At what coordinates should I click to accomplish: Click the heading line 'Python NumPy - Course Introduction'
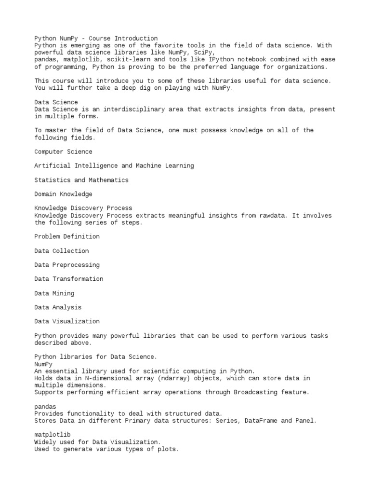pyautogui.click(x=96, y=38)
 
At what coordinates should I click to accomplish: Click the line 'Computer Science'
pyautogui.click(x=63, y=151)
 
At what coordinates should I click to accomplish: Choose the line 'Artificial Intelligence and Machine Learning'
pyautogui.click(x=114, y=165)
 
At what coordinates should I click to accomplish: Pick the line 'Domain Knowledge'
pyautogui.click(x=63, y=194)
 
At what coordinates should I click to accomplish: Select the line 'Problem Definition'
pyautogui.click(x=67, y=236)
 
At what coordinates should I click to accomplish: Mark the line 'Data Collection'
pyautogui.click(x=62, y=251)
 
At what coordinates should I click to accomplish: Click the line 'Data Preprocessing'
pyautogui.click(x=67, y=265)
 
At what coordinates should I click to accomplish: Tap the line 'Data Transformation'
pyautogui.click(x=69, y=279)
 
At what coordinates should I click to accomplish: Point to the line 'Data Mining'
pyautogui.click(x=54, y=293)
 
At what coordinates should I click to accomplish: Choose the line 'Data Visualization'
pyautogui.click(x=67, y=321)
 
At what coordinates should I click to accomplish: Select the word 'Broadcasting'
pyautogui.click(x=255, y=392)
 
